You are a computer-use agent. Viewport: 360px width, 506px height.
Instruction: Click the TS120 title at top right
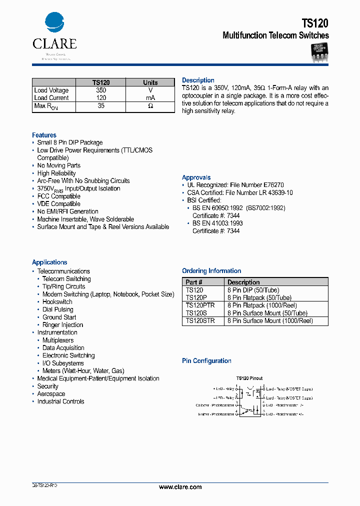(x=315, y=23)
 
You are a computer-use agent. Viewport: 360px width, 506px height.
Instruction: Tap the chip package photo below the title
(x=319, y=52)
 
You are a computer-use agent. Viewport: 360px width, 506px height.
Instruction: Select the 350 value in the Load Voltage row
(x=101, y=90)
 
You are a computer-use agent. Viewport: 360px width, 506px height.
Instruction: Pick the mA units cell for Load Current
(x=150, y=98)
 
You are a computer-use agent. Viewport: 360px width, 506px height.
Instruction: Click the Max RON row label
(x=46, y=106)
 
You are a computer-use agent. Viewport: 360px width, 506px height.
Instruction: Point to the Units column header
(x=150, y=82)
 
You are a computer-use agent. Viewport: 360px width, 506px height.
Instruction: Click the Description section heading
(x=198, y=80)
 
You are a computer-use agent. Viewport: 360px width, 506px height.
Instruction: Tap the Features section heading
(x=44, y=135)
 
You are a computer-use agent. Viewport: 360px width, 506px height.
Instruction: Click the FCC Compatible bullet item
(x=58, y=196)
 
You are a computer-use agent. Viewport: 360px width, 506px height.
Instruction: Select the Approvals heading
(x=196, y=177)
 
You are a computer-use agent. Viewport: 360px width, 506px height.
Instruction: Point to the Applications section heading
(x=49, y=262)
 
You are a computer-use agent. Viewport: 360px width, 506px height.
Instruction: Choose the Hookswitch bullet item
(x=57, y=302)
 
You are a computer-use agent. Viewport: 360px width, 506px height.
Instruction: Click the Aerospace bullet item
(x=51, y=394)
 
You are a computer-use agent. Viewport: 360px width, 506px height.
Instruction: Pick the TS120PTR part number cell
(x=200, y=305)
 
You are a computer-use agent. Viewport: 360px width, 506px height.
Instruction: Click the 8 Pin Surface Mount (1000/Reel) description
(x=262, y=321)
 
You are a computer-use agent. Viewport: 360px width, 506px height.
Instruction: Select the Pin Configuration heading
(x=206, y=361)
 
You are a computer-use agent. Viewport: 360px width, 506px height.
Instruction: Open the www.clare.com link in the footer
(x=180, y=487)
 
